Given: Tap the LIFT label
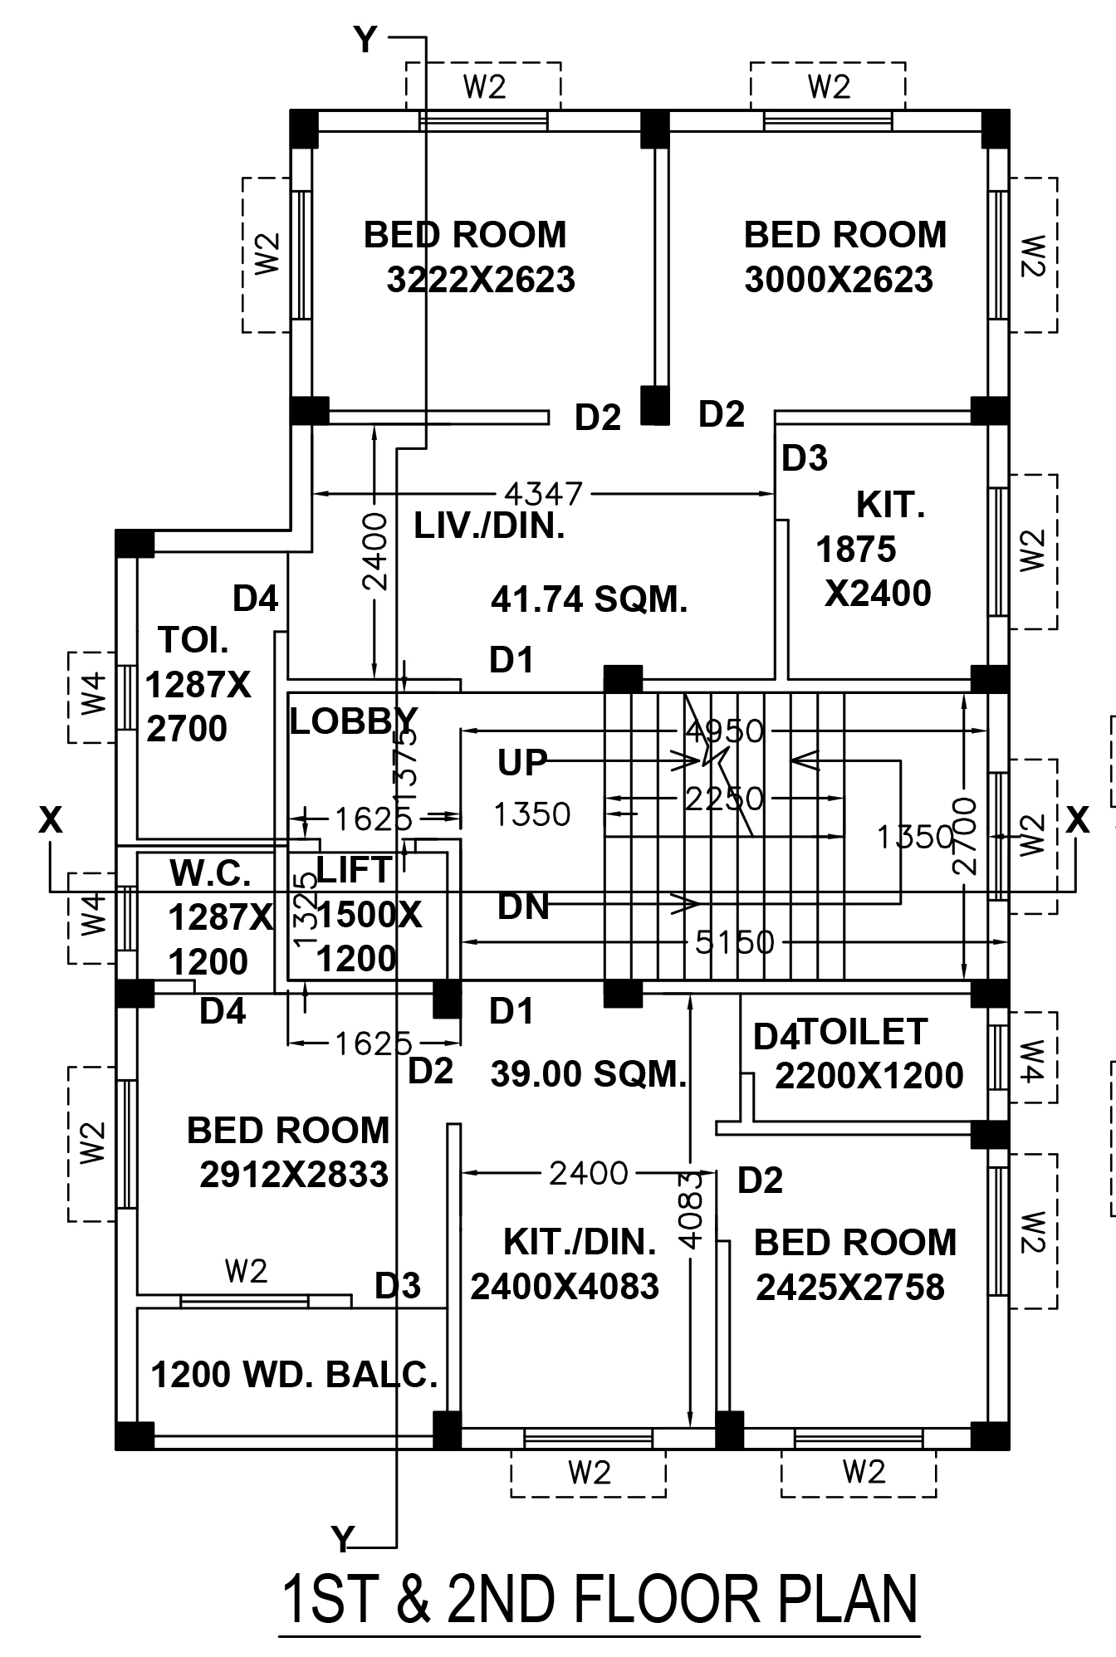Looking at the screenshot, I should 354,870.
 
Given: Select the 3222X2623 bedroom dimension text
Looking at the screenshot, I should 481,280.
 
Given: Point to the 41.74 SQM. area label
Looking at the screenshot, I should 589,599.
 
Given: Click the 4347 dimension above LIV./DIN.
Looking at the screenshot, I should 544,493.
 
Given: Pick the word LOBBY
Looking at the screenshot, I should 353,721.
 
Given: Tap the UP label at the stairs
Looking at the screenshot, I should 522,762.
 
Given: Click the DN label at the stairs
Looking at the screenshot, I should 523,907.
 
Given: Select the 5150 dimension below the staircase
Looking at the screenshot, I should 734,942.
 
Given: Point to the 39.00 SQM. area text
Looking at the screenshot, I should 589,1074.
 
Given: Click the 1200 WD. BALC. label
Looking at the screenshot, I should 294,1375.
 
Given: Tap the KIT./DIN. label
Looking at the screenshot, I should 580,1242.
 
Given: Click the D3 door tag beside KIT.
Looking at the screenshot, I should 805,458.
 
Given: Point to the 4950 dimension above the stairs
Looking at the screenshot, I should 724,731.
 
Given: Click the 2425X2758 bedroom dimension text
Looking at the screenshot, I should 850,1288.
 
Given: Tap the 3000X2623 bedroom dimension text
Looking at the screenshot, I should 839,280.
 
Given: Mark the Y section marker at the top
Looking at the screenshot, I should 365,39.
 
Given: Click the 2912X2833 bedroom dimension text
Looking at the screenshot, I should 294,1175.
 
